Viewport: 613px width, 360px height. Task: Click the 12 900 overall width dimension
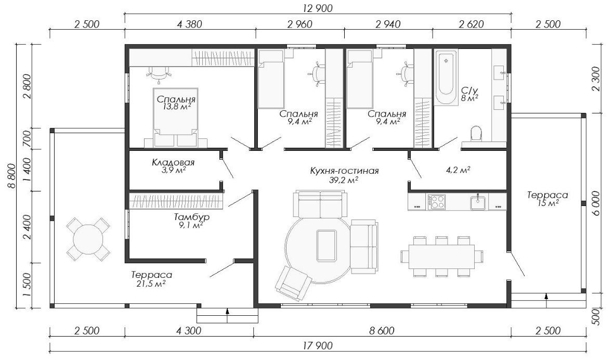click(x=318, y=8)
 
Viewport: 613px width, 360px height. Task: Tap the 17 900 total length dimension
click(x=318, y=345)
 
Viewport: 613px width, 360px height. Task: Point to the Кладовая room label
click(x=173, y=162)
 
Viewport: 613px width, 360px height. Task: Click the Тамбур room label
click(x=191, y=217)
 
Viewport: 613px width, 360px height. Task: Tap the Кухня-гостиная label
click(x=344, y=171)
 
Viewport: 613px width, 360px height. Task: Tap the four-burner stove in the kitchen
click(x=436, y=202)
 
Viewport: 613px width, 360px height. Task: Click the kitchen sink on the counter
click(x=478, y=202)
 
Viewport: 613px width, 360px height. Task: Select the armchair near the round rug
click(x=292, y=284)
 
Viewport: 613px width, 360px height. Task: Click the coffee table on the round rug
click(x=327, y=246)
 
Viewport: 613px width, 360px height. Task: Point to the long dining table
click(x=442, y=256)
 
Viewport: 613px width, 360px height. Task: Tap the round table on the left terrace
click(x=88, y=239)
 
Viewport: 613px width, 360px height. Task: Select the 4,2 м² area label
click(x=458, y=170)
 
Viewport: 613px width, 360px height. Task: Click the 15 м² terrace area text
click(x=548, y=202)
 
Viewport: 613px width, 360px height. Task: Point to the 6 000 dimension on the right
click(x=596, y=203)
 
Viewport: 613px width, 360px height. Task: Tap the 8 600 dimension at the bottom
click(x=382, y=331)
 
